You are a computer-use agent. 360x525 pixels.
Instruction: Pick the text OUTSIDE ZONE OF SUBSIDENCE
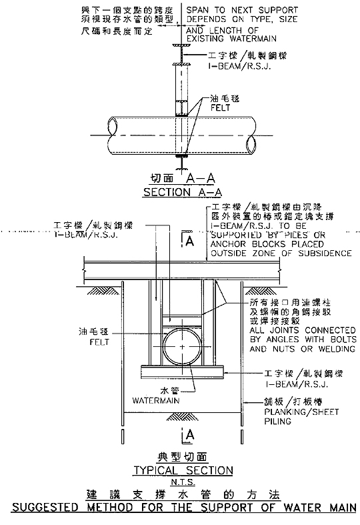(x=281, y=253)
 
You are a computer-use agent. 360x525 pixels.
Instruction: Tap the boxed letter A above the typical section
(x=189, y=241)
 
